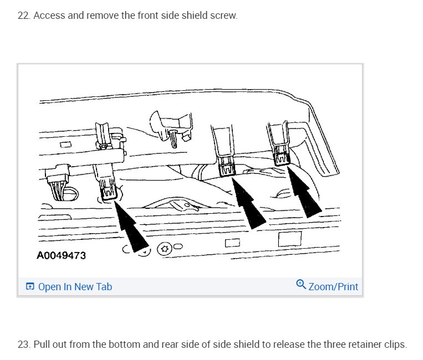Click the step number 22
[x=23, y=16]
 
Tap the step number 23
[x=23, y=344]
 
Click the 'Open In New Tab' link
[x=75, y=286]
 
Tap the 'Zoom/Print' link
[x=333, y=286]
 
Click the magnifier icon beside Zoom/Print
[x=301, y=285]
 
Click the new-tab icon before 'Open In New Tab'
[x=30, y=286]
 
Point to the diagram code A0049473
[x=62, y=256]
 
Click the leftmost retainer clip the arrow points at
[x=108, y=192]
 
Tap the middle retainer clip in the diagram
[x=226, y=167]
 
